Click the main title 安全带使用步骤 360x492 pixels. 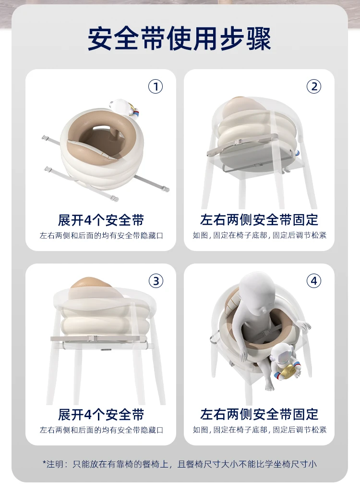coord(179,38)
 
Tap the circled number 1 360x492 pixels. coord(156,86)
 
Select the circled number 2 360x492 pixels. coord(314,86)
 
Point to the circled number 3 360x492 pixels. coord(156,281)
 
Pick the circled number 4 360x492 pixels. coord(314,281)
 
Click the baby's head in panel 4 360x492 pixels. coord(256,293)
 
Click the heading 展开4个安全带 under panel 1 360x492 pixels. coord(101,220)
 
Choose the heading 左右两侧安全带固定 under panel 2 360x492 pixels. coord(259,220)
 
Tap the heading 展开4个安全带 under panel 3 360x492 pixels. coord(101,415)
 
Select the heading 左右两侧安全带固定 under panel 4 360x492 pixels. coord(259,415)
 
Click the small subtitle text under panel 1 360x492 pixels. coord(101,236)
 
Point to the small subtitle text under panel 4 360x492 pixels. coord(260,430)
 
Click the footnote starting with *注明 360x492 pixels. coord(180,464)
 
